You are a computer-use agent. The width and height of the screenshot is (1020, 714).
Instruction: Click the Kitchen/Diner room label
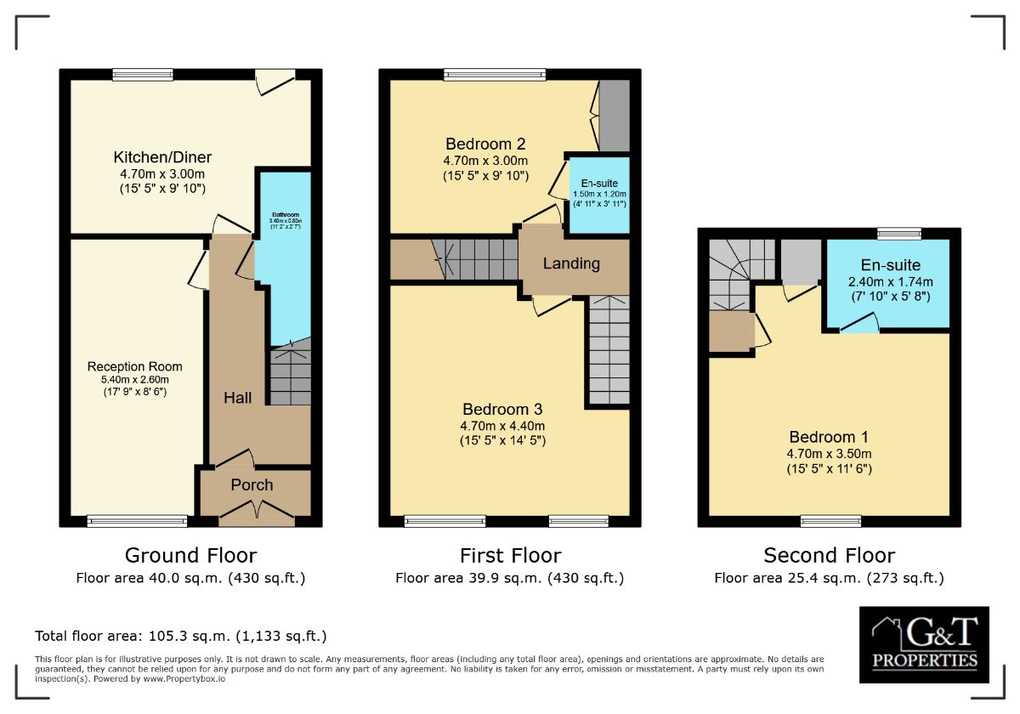[162, 157]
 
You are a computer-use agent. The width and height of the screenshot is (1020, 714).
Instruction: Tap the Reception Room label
[134, 366]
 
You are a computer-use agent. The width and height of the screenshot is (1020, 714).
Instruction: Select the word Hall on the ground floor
[238, 397]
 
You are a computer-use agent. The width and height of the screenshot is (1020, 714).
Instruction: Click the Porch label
[252, 484]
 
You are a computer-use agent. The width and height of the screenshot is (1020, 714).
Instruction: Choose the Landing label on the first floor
[571, 263]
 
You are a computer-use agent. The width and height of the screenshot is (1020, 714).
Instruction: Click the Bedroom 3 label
[502, 409]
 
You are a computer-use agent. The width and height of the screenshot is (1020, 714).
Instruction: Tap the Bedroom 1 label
[829, 438]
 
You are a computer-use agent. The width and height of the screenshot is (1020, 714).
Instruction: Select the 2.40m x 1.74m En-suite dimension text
[890, 281]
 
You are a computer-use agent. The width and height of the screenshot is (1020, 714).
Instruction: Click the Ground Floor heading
[190, 556]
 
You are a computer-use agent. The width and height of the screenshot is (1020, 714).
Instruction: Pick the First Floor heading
[510, 556]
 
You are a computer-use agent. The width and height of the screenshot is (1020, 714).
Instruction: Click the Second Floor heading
[829, 556]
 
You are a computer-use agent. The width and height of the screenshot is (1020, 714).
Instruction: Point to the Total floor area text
[180, 636]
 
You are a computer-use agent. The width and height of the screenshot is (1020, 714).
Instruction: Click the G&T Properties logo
[923, 645]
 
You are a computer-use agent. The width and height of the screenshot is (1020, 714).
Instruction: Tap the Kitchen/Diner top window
[143, 75]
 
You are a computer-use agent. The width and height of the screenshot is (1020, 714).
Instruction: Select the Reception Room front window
[137, 521]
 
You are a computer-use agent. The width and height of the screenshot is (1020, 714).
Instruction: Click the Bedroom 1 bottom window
[830, 521]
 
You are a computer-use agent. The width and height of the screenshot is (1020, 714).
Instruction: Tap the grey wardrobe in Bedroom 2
[614, 116]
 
